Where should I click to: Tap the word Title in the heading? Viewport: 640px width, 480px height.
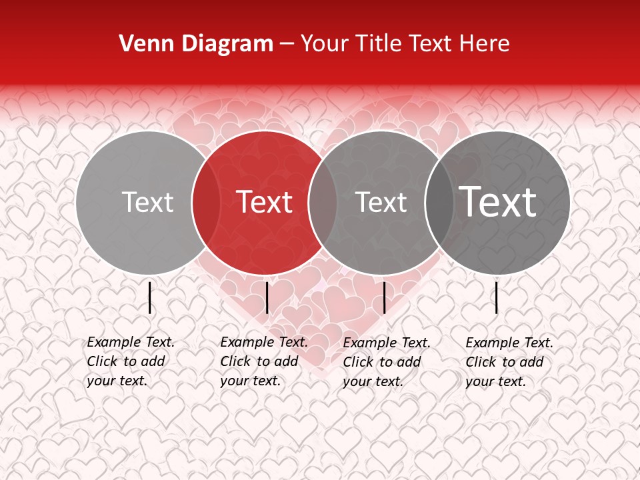378,44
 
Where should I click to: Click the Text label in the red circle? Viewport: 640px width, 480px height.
265,202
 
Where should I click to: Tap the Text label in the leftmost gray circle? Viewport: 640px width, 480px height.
148,202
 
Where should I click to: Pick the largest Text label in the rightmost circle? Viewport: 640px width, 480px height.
498,201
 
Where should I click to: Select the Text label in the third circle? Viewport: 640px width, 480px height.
381,202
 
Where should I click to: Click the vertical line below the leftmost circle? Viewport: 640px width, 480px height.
150,297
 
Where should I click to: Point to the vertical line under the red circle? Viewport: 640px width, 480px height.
267,297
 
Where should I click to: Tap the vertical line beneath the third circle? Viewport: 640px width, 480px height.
385,297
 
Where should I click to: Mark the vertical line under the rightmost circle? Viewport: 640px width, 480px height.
497,297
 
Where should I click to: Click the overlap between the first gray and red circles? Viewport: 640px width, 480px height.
206,202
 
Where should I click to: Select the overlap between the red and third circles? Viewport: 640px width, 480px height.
323,202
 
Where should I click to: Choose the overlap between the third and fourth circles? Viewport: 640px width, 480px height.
439,202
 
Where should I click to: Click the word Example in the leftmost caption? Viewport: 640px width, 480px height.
114,342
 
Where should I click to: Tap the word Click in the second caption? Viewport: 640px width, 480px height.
237,361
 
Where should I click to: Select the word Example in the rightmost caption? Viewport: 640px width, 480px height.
493,343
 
